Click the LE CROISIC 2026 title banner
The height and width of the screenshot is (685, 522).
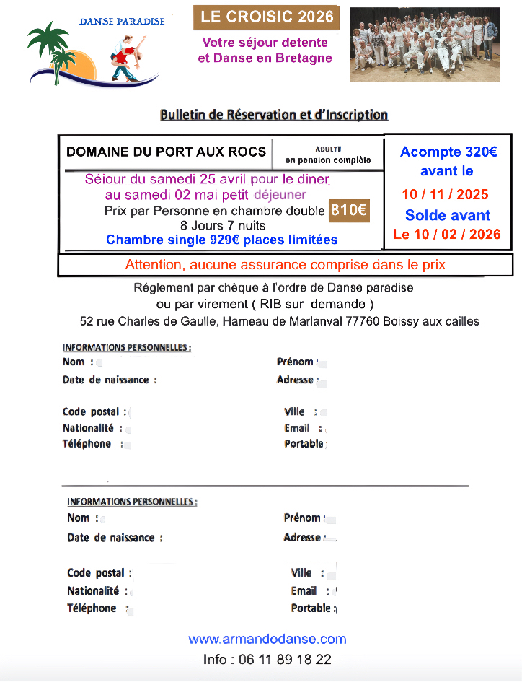(265, 17)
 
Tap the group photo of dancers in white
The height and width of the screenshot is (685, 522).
(424, 44)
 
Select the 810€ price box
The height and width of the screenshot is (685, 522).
(349, 211)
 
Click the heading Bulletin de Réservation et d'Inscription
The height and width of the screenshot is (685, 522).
(274, 115)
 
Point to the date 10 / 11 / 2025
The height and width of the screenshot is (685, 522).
(445, 194)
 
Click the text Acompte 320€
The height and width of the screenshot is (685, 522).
(448, 152)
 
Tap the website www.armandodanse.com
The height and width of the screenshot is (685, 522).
(267, 639)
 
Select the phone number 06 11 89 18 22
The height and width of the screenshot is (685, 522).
(267, 659)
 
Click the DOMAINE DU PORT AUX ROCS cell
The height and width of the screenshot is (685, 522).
(167, 152)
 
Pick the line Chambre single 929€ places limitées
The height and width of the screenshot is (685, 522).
(221, 240)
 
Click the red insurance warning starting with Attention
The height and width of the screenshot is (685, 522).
(285, 265)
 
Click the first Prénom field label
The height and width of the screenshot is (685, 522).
(296, 362)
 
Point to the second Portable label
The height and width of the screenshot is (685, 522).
(311, 608)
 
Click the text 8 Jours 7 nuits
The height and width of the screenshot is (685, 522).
(223, 226)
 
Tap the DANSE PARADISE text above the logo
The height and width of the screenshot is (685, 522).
(122, 21)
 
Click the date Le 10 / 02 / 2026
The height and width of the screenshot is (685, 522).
(447, 234)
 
